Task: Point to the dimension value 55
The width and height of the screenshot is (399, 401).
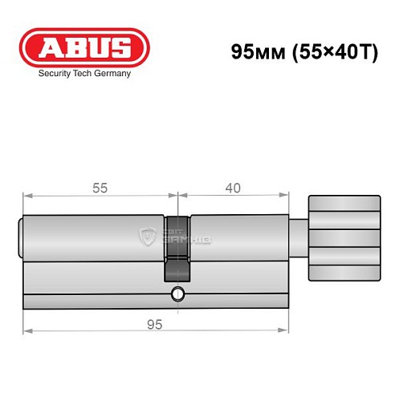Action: [x=100, y=188]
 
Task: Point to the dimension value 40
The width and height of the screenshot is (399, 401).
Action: [x=233, y=188]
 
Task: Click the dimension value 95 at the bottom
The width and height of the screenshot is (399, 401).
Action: [x=155, y=323]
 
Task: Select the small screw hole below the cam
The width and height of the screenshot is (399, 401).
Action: [x=177, y=294]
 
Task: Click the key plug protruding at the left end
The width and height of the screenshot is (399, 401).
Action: [x=21, y=237]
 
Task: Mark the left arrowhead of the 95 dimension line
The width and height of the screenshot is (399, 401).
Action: [x=26, y=330]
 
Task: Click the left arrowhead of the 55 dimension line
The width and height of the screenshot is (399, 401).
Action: [x=26, y=195]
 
